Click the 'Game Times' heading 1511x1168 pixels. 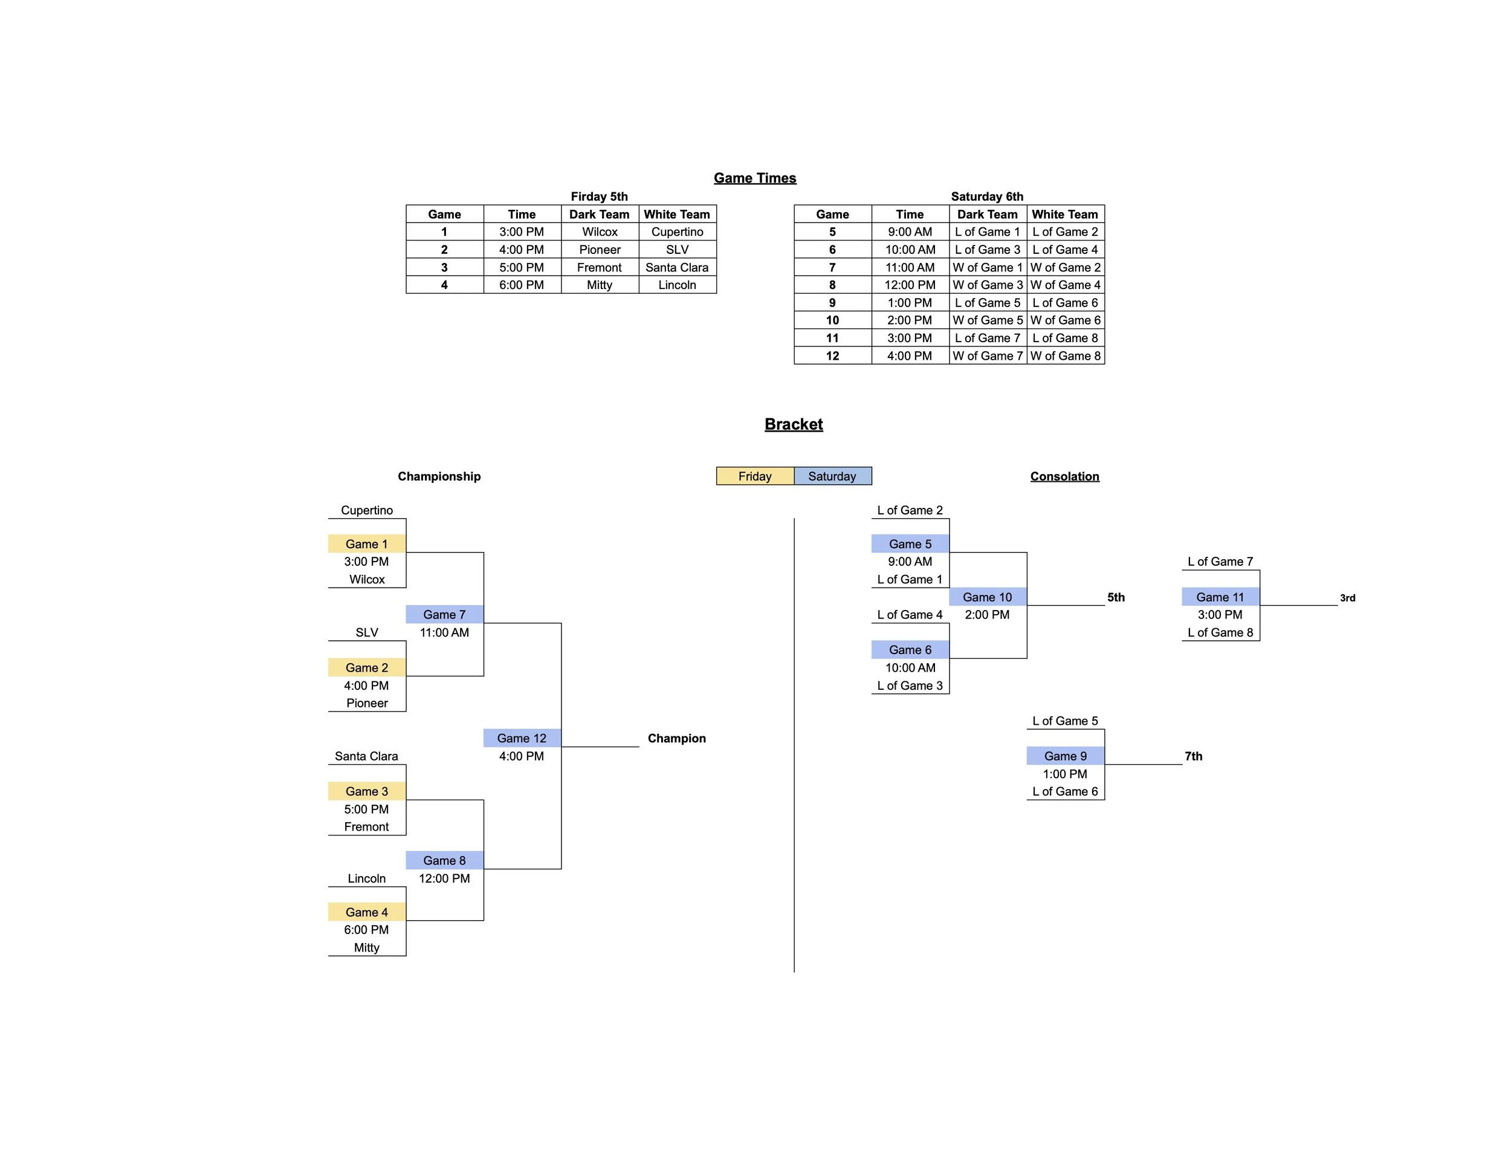tap(755, 178)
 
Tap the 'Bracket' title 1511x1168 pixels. tap(794, 424)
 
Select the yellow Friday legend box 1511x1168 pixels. tap(755, 476)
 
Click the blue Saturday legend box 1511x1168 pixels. tap(832, 476)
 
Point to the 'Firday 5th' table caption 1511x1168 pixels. tap(599, 196)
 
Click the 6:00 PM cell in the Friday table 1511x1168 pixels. tap(522, 285)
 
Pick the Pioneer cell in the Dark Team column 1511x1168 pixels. tap(600, 250)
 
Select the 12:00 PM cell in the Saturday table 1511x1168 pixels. tap(910, 285)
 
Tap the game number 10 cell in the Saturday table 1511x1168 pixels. tap(832, 320)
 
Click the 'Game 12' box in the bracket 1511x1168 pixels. tap(522, 738)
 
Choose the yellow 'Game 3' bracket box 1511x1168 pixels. tap(367, 791)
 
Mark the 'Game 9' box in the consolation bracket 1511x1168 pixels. tap(1066, 756)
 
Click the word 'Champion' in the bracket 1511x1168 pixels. tap(677, 738)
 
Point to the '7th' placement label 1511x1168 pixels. tap(1194, 756)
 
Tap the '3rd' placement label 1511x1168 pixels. tap(1348, 598)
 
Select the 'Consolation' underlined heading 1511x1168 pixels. tap(1065, 476)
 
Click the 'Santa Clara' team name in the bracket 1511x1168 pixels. tap(367, 756)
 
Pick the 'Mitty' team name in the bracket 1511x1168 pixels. tap(367, 948)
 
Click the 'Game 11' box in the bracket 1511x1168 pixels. tap(1220, 597)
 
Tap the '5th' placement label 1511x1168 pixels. tap(1116, 597)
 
